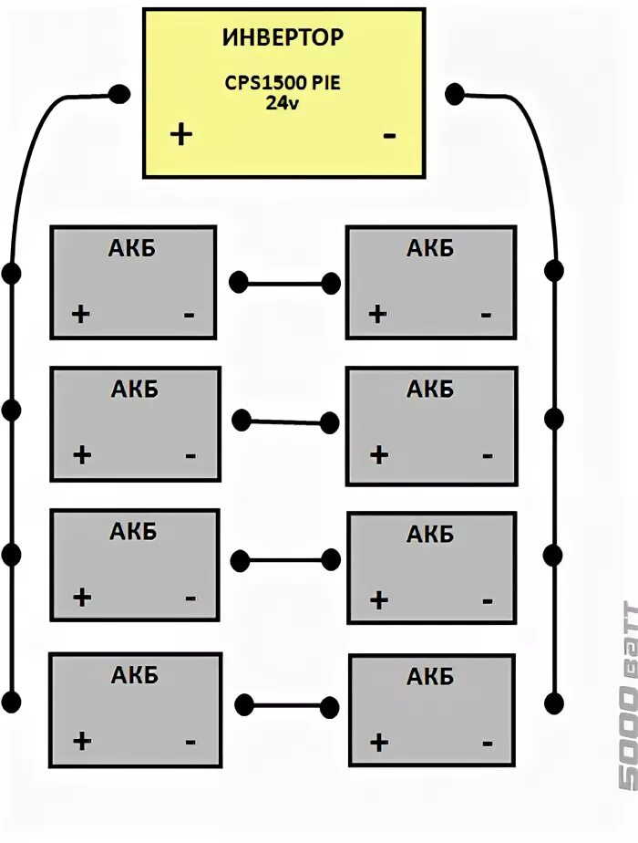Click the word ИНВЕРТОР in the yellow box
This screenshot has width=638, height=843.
pyautogui.click(x=283, y=38)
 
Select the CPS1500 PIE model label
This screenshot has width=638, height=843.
pyautogui.click(x=283, y=83)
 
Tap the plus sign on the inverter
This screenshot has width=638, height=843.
pyautogui.click(x=182, y=134)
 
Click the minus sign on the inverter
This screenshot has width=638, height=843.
pyautogui.click(x=390, y=135)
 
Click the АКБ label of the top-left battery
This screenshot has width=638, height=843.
pyautogui.click(x=133, y=248)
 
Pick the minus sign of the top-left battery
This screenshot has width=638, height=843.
pyautogui.click(x=189, y=315)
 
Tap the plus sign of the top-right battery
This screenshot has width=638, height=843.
pyautogui.click(x=377, y=315)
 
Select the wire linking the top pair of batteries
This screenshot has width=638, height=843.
pyautogui.click(x=283, y=283)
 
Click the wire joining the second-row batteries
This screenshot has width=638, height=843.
pyautogui.click(x=283, y=421)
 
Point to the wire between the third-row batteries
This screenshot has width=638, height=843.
pyautogui.click(x=283, y=559)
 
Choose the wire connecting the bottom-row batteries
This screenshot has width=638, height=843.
pyautogui.click(x=283, y=704)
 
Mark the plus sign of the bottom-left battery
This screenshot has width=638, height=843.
pyautogui.click(x=82, y=740)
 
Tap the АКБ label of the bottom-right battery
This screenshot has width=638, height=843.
pyautogui.click(x=430, y=677)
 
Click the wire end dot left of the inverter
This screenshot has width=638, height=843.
pyautogui.click(x=118, y=93)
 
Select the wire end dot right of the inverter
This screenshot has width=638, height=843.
pyautogui.click(x=454, y=93)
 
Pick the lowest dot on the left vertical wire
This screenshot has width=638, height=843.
pyautogui.click(x=11, y=702)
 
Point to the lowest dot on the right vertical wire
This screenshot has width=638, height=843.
pyautogui.click(x=553, y=702)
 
